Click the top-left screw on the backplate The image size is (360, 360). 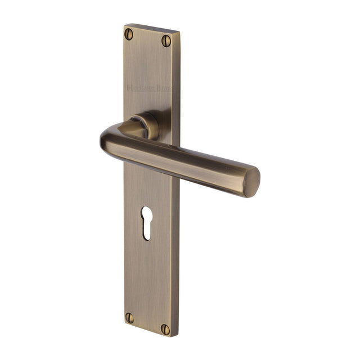(130, 34)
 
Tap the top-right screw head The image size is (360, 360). (165, 40)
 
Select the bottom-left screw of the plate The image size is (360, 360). (130, 317)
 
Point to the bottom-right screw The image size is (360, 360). (165, 328)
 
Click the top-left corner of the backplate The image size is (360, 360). (125, 25)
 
